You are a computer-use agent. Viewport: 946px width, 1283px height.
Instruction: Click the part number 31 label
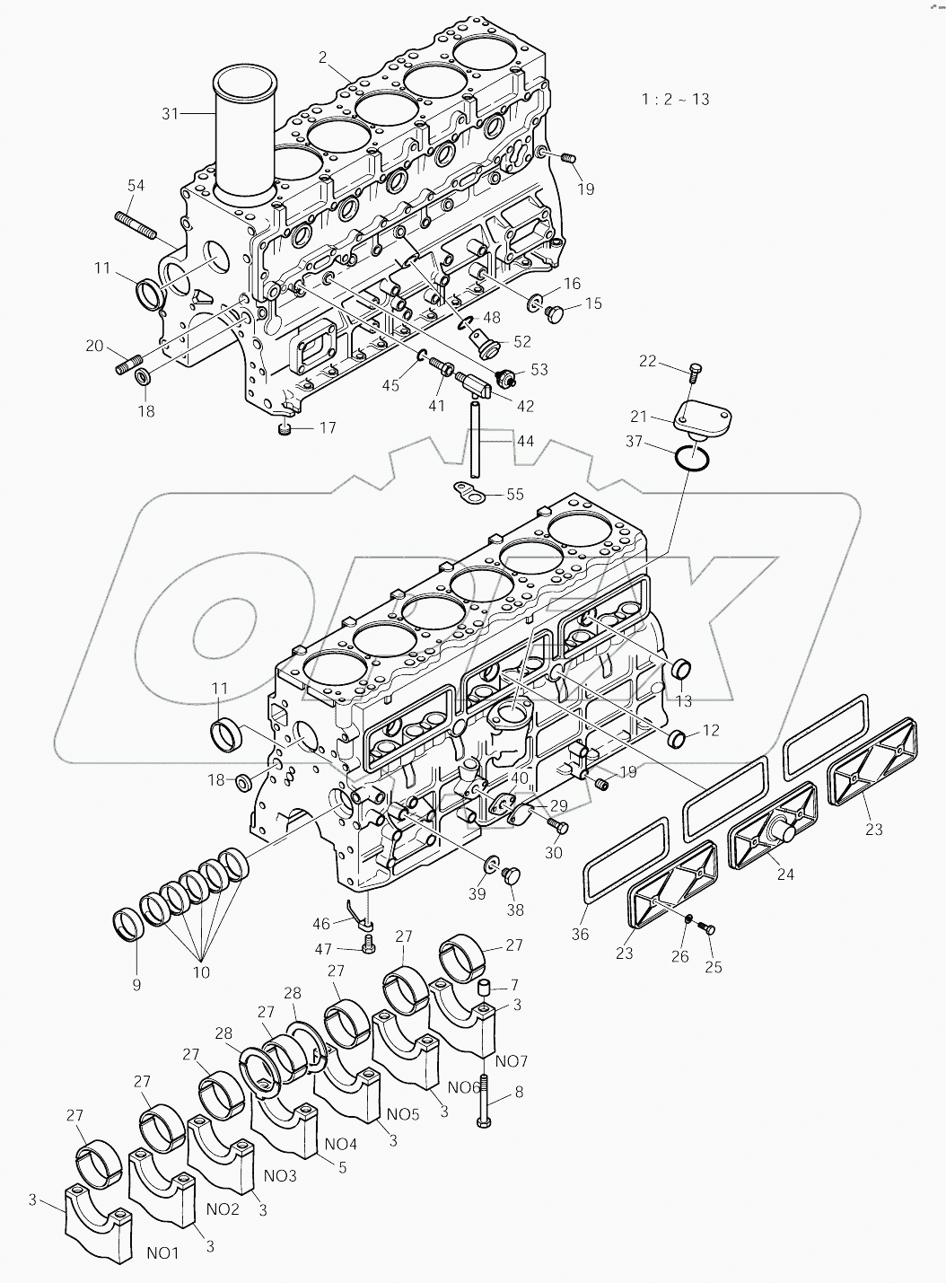[x=171, y=113]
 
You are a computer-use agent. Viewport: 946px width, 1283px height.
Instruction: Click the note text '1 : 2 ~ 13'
[x=675, y=99]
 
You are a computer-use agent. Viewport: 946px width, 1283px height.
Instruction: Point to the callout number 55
[x=514, y=494]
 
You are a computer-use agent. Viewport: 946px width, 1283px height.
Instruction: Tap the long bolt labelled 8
[x=484, y=1101]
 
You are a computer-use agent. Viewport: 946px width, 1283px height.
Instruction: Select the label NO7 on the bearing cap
[x=511, y=1061]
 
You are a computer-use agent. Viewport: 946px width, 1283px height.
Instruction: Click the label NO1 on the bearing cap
[x=163, y=1252]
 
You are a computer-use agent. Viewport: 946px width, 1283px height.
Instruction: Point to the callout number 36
[x=580, y=935]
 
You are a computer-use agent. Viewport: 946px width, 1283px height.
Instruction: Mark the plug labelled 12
[x=677, y=739]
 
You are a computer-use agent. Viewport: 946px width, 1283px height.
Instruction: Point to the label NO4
[x=340, y=1144]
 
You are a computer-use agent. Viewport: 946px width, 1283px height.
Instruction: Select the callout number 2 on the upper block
[x=321, y=57]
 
